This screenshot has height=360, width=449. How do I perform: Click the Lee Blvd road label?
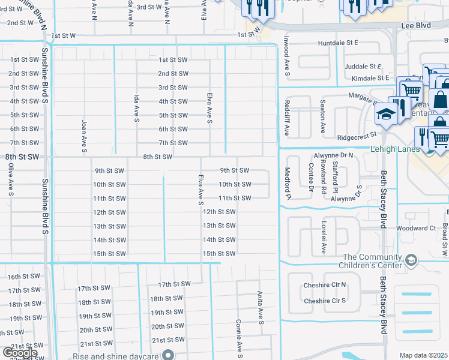click(x=415, y=26)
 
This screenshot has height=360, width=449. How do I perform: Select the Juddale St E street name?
click(x=363, y=67)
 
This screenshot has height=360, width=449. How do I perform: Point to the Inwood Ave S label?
click(x=288, y=59)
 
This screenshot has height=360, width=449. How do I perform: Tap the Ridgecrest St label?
click(x=355, y=137)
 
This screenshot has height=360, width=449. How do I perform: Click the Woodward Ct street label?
click(x=415, y=229)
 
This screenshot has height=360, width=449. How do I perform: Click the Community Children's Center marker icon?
click(x=411, y=260)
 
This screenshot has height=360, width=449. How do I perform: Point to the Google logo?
click(x=20, y=353)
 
